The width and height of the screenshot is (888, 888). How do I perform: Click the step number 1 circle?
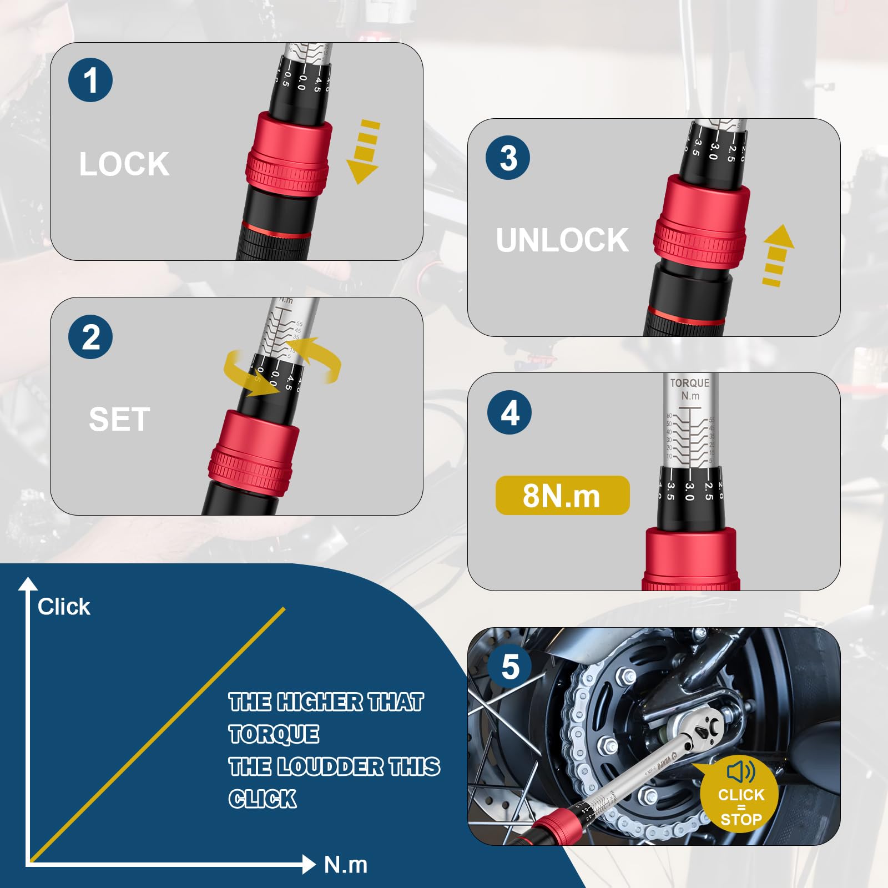pos(90,80)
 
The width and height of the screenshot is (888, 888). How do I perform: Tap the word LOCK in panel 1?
pos(124,164)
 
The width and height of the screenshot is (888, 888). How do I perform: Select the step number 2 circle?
pos(90,337)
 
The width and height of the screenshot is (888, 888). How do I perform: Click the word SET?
pos(119,419)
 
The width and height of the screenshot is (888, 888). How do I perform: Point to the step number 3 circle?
pos(508,158)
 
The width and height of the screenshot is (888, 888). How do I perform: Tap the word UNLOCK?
pos(562,240)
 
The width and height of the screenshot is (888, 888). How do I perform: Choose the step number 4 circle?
pos(509,412)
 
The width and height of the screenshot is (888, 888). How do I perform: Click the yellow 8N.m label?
pos(562,495)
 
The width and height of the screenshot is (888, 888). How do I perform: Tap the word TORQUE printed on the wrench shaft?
pos(689,383)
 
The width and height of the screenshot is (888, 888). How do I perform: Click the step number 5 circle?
pos(510,667)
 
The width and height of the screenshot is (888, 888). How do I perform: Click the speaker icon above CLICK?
pos(740,771)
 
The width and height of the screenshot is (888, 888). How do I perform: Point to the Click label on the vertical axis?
pos(64,607)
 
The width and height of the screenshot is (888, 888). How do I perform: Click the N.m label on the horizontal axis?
pos(345,865)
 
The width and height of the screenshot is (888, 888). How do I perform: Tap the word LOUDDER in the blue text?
pos(330,766)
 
